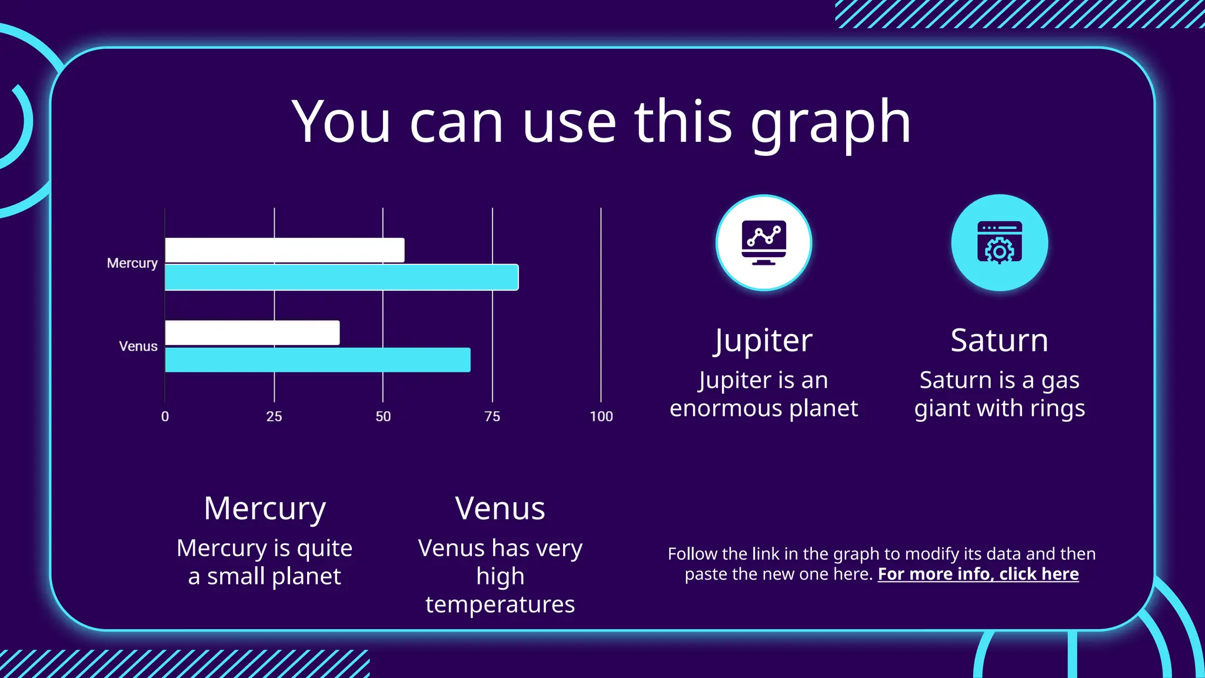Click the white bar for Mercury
(x=285, y=250)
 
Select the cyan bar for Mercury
(x=341, y=277)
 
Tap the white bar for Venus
(x=252, y=333)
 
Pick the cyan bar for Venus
(x=318, y=360)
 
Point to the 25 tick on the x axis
(x=274, y=417)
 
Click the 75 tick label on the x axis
(x=492, y=417)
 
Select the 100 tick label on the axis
(x=601, y=417)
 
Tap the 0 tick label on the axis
(x=165, y=417)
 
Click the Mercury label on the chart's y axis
(x=132, y=263)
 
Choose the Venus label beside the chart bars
(x=138, y=346)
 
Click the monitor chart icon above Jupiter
(x=764, y=243)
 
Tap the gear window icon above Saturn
(x=999, y=243)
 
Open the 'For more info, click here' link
(x=978, y=574)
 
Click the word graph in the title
(x=830, y=124)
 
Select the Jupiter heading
(x=763, y=341)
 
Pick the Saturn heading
(x=999, y=341)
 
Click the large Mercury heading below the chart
(x=265, y=509)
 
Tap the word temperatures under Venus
(x=500, y=604)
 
